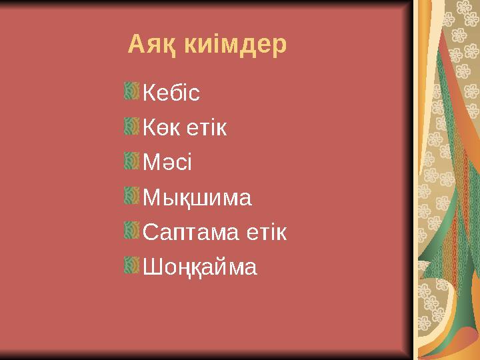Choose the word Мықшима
[197, 198]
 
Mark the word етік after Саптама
[265, 233]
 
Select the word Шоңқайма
[200, 268]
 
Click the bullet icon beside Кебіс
[131, 91]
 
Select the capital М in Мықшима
[151, 198]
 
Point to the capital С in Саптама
[151, 233]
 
